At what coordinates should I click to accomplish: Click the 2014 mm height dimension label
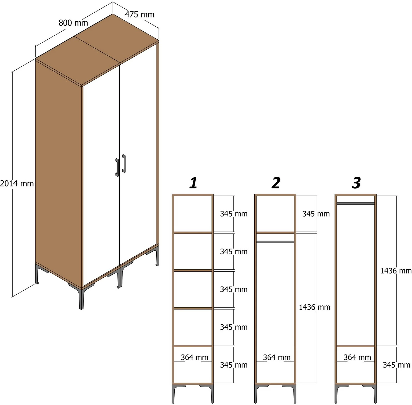[x=17, y=183]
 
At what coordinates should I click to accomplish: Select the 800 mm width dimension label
[x=73, y=23]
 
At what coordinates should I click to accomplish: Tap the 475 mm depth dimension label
[x=139, y=14]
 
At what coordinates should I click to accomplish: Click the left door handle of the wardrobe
[x=117, y=167]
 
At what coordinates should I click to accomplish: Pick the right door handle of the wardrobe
[x=124, y=164]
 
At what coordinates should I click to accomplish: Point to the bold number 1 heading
[x=193, y=183]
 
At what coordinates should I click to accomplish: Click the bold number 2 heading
[x=276, y=183]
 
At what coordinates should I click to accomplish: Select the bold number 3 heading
[x=356, y=183]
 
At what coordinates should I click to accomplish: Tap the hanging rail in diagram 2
[x=275, y=242]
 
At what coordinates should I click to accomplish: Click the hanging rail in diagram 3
[x=356, y=204]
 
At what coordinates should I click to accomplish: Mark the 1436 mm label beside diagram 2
[x=314, y=307]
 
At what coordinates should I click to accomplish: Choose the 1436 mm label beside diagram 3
[x=396, y=271]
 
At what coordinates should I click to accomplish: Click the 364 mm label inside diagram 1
[x=194, y=357]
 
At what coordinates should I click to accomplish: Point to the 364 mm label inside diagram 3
[x=357, y=357]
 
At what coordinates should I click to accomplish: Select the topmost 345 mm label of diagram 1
[x=233, y=214]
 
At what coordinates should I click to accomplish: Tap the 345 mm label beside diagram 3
[x=396, y=365]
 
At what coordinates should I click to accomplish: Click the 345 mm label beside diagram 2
[x=316, y=214]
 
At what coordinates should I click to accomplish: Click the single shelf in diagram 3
[x=356, y=346]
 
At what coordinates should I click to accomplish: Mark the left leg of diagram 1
[x=174, y=393]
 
